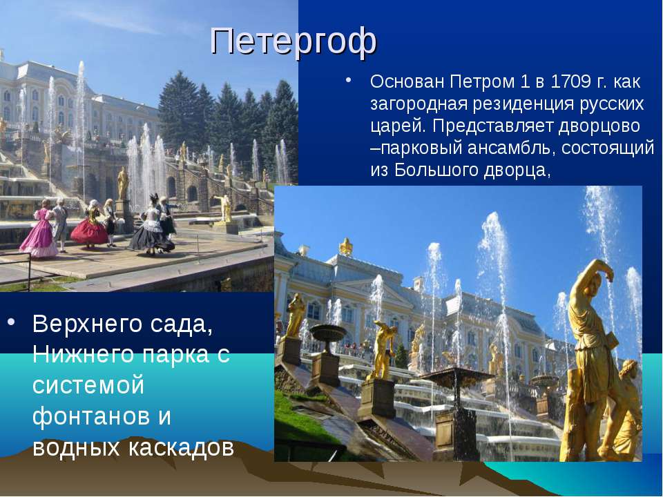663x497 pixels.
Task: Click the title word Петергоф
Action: (x=293, y=41)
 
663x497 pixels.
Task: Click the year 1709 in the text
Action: (x=570, y=81)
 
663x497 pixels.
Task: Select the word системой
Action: (x=88, y=385)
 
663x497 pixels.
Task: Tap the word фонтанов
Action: (x=91, y=416)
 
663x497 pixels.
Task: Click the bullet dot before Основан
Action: (x=348, y=80)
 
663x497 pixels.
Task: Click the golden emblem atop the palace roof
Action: (x=346, y=246)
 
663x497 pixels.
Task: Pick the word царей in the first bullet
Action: (x=396, y=126)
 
